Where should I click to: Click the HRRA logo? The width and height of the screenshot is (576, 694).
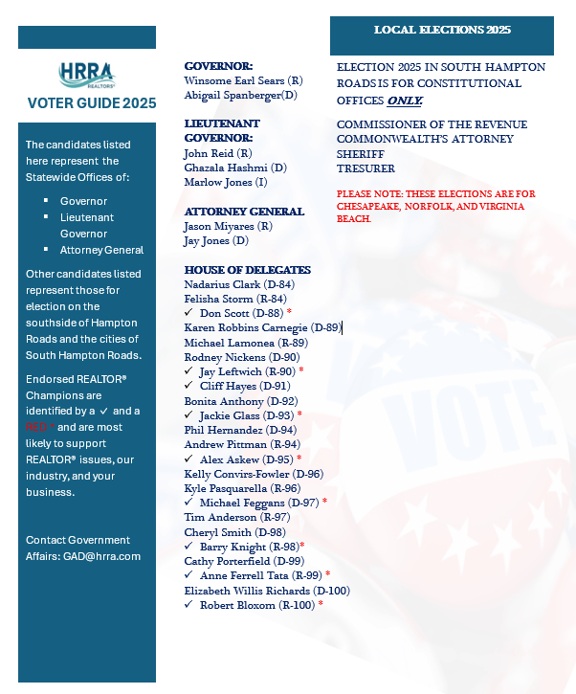coord(86,76)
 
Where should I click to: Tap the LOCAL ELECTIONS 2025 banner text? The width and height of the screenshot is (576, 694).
coord(442,31)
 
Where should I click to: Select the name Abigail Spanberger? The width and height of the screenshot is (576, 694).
coord(240,95)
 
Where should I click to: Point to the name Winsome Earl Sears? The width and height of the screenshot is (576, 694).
coord(243,80)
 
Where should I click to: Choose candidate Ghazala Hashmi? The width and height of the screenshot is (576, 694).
coord(234,168)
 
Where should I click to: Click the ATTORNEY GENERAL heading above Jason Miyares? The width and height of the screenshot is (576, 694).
coord(244,212)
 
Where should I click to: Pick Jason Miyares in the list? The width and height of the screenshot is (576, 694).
coord(228,226)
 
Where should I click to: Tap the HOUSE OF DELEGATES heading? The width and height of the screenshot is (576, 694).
coord(247,270)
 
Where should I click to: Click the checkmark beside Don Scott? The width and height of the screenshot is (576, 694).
coord(188,313)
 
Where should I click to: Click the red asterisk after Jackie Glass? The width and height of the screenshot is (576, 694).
coord(299,415)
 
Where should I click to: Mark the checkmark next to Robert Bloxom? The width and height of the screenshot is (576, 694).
coord(188,605)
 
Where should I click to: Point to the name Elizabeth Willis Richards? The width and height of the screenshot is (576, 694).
coord(267,591)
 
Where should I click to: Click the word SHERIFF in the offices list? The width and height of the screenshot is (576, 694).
coord(361,153)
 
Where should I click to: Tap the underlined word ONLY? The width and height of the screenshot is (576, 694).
coord(405,100)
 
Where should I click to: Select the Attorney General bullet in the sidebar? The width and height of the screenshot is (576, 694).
coord(101,250)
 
